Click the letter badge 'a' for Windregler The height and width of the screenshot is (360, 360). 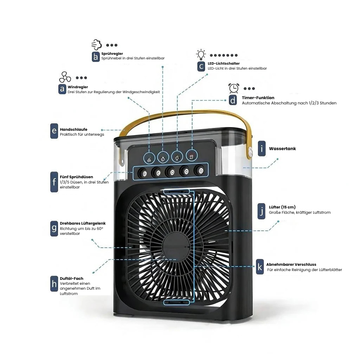pos(62,89)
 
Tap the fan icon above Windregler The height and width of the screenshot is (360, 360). pos(65,77)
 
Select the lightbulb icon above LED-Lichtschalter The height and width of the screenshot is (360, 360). pos(201,55)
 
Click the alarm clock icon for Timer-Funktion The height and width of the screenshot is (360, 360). pos(234,88)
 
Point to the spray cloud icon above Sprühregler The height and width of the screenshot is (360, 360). pos(97,45)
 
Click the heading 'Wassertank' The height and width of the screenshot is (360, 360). pos(282,149)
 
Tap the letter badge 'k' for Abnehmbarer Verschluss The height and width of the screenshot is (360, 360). pos(260,266)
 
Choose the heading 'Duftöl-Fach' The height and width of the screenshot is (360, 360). pos(71,278)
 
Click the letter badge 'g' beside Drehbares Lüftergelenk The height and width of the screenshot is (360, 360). pos(54,229)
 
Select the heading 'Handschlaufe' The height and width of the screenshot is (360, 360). pos(73,129)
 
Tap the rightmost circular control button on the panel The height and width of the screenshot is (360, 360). pos(192,155)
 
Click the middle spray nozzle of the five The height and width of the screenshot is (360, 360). pos(171,172)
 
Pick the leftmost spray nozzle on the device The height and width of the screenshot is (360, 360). pos(143,173)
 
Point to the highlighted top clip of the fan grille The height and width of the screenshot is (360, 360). pos(176,192)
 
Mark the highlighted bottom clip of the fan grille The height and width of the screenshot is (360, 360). pos(176,302)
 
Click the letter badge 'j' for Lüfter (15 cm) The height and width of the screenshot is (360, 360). pos(262,211)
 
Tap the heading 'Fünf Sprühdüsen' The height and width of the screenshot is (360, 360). pos(76,177)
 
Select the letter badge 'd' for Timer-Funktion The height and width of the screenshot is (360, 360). pos(233,100)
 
